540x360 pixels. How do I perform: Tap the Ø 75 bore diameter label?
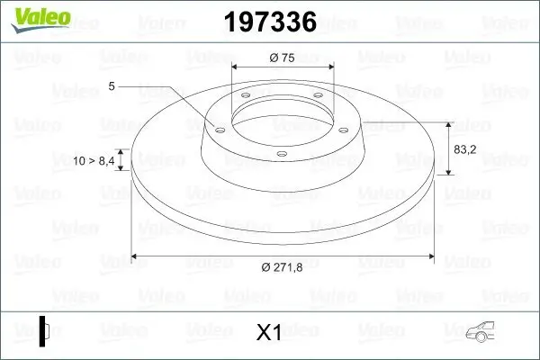click(x=282, y=58)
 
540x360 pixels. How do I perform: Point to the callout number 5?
click(x=111, y=85)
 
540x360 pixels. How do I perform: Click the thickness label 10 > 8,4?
click(x=94, y=160)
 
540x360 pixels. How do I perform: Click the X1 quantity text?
click(x=269, y=333)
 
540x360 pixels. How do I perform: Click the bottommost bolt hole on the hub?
click(x=282, y=154)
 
